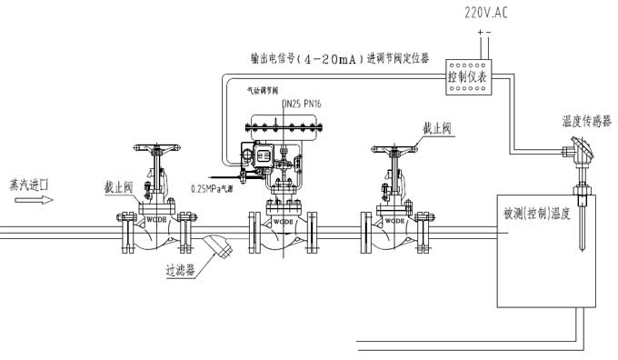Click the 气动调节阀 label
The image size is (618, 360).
[263, 90]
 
